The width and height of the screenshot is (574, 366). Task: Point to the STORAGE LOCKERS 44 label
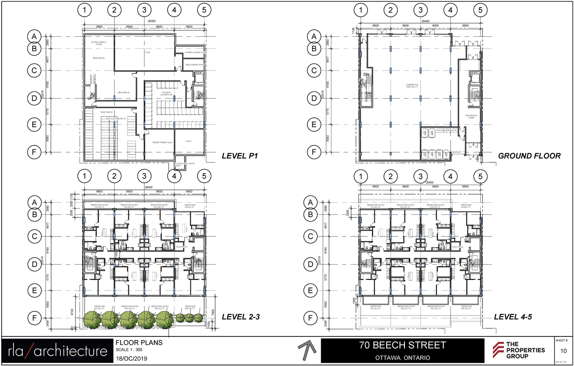click(167, 94)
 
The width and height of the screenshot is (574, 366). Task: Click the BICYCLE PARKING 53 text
click(114, 118)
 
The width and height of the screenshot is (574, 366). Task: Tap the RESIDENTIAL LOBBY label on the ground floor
click(471, 116)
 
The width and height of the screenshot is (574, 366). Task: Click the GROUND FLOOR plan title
click(529, 156)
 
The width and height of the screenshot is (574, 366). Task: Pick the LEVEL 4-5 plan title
click(513, 317)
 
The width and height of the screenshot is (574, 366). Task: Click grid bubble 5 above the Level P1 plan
click(204, 9)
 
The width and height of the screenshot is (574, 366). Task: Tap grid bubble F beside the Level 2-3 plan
click(34, 318)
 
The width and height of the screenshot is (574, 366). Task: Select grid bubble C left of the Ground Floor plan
click(314, 70)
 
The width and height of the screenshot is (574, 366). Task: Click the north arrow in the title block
click(306, 350)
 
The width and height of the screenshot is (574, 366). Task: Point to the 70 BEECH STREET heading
click(402, 345)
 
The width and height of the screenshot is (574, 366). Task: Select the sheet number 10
click(564, 350)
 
